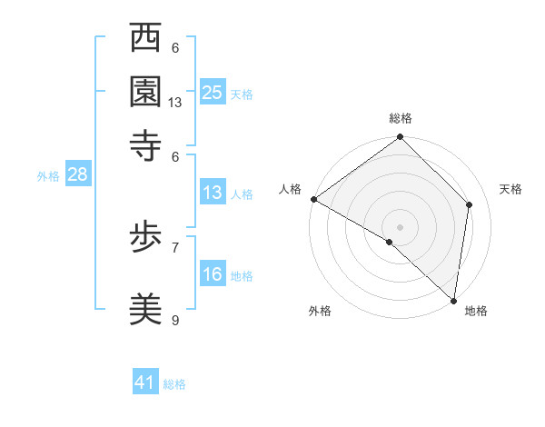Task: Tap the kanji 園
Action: (x=146, y=91)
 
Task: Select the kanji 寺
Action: (x=146, y=144)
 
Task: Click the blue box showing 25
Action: (x=213, y=92)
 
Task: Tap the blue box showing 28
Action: (x=77, y=175)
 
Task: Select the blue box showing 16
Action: (x=213, y=274)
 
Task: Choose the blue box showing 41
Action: (x=145, y=382)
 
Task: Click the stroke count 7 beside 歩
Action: (x=175, y=246)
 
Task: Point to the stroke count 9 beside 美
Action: (x=175, y=321)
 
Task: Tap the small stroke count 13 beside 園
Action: (x=175, y=103)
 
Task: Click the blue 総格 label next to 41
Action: (x=174, y=384)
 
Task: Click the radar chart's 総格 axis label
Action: (x=401, y=118)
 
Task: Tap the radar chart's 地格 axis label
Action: (x=476, y=312)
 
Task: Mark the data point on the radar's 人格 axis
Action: (x=313, y=199)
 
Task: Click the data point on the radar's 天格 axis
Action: (x=470, y=204)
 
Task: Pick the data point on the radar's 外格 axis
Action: (x=390, y=243)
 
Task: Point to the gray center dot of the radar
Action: (x=401, y=226)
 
